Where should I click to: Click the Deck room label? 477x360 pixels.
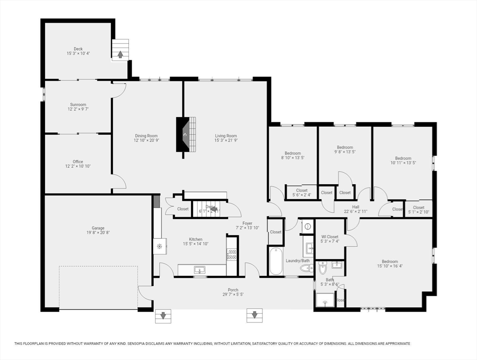pyautogui.click(x=78, y=49)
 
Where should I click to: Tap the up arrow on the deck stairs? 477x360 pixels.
pyautogui.click(x=120, y=54)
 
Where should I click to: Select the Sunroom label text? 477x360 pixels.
pyautogui.click(x=78, y=105)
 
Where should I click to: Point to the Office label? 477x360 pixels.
pyautogui.click(x=78, y=162)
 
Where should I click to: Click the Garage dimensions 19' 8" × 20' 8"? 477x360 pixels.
pyautogui.click(x=98, y=232)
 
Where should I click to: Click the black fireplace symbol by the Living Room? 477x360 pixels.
pyautogui.click(x=184, y=135)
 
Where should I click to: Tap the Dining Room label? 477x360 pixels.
pyautogui.click(x=146, y=136)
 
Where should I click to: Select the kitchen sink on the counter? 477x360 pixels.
pyautogui.click(x=200, y=270)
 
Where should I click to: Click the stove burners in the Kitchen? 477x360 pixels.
pyautogui.click(x=231, y=255)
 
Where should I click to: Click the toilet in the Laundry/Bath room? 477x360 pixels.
pyautogui.click(x=306, y=269)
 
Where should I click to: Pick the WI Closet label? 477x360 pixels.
pyautogui.click(x=329, y=237)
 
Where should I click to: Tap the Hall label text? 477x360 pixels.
pyautogui.click(x=356, y=206)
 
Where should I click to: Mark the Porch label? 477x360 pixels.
pyautogui.click(x=233, y=290)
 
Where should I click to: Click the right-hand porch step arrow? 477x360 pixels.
pyautogui.click(x=254, y=315)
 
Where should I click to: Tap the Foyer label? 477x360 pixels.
pyautogui.click(x=247, y=223)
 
